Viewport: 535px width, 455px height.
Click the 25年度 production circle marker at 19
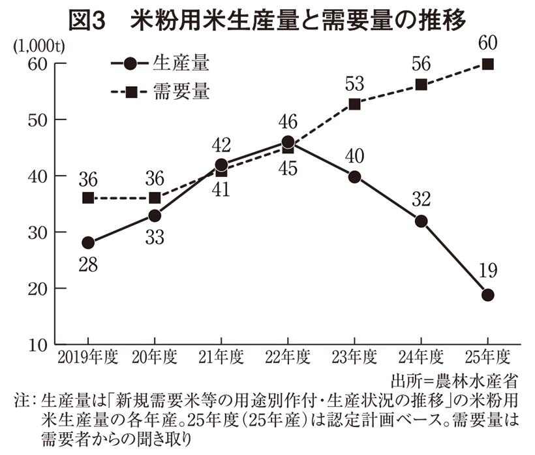pos(487,294)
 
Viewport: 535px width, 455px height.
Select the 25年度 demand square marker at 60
pos(487,64)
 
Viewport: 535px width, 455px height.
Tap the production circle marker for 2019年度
pos(88,243)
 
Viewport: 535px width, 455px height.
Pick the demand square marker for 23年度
pos(354,104)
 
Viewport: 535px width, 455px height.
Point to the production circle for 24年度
pos(421,221)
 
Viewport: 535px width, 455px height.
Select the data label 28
pos(89,264)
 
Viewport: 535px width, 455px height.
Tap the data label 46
pos(288,122)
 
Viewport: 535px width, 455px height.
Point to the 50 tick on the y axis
pos(38,120)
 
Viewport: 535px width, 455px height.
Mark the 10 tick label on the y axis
pos(38,344)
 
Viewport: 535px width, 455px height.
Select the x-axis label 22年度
pos(288,357)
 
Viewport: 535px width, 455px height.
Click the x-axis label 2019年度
pos(87,357)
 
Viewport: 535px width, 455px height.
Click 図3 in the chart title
pos(87,20)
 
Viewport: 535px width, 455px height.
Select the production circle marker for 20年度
pos(155,215)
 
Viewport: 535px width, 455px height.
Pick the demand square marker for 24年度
pos(421,85)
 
